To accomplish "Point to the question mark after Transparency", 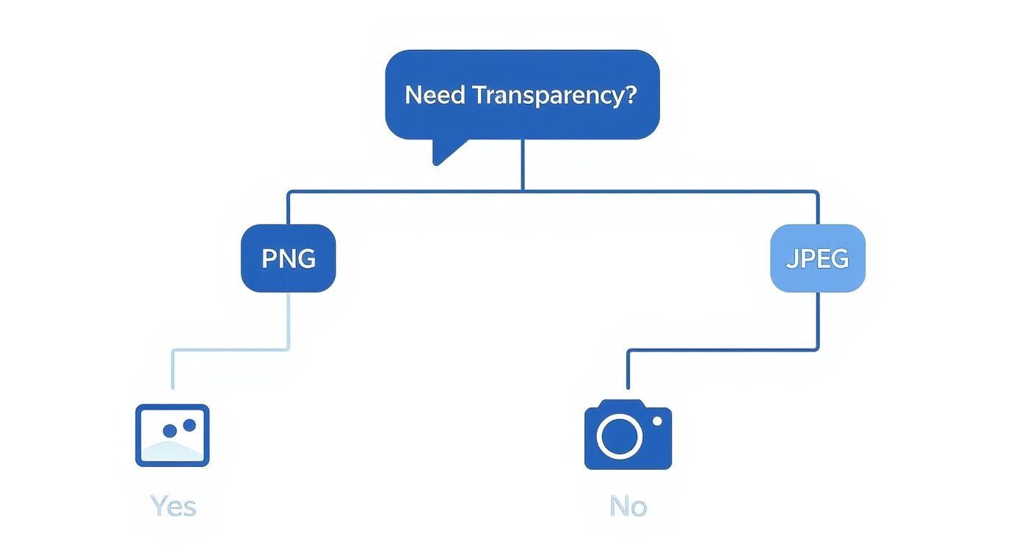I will click(x=629, y=95).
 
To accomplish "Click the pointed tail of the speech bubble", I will click(x=443, y=153).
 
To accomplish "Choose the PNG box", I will click(x=289, y=258).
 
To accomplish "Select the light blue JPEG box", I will click(x=817, y=258).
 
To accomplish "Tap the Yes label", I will click(x=173, y=506).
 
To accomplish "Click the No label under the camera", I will click(x=628, y=506).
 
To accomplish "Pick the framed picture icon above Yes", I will click(x=173, y=435).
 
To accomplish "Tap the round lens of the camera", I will click(x=620, y=436).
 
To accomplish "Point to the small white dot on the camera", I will click(x=657, y=421).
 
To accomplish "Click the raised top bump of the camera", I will click(x=622, y=404).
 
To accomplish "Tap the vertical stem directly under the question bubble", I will click(x=523, y=165).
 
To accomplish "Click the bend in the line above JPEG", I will click(x=816, y=193).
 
